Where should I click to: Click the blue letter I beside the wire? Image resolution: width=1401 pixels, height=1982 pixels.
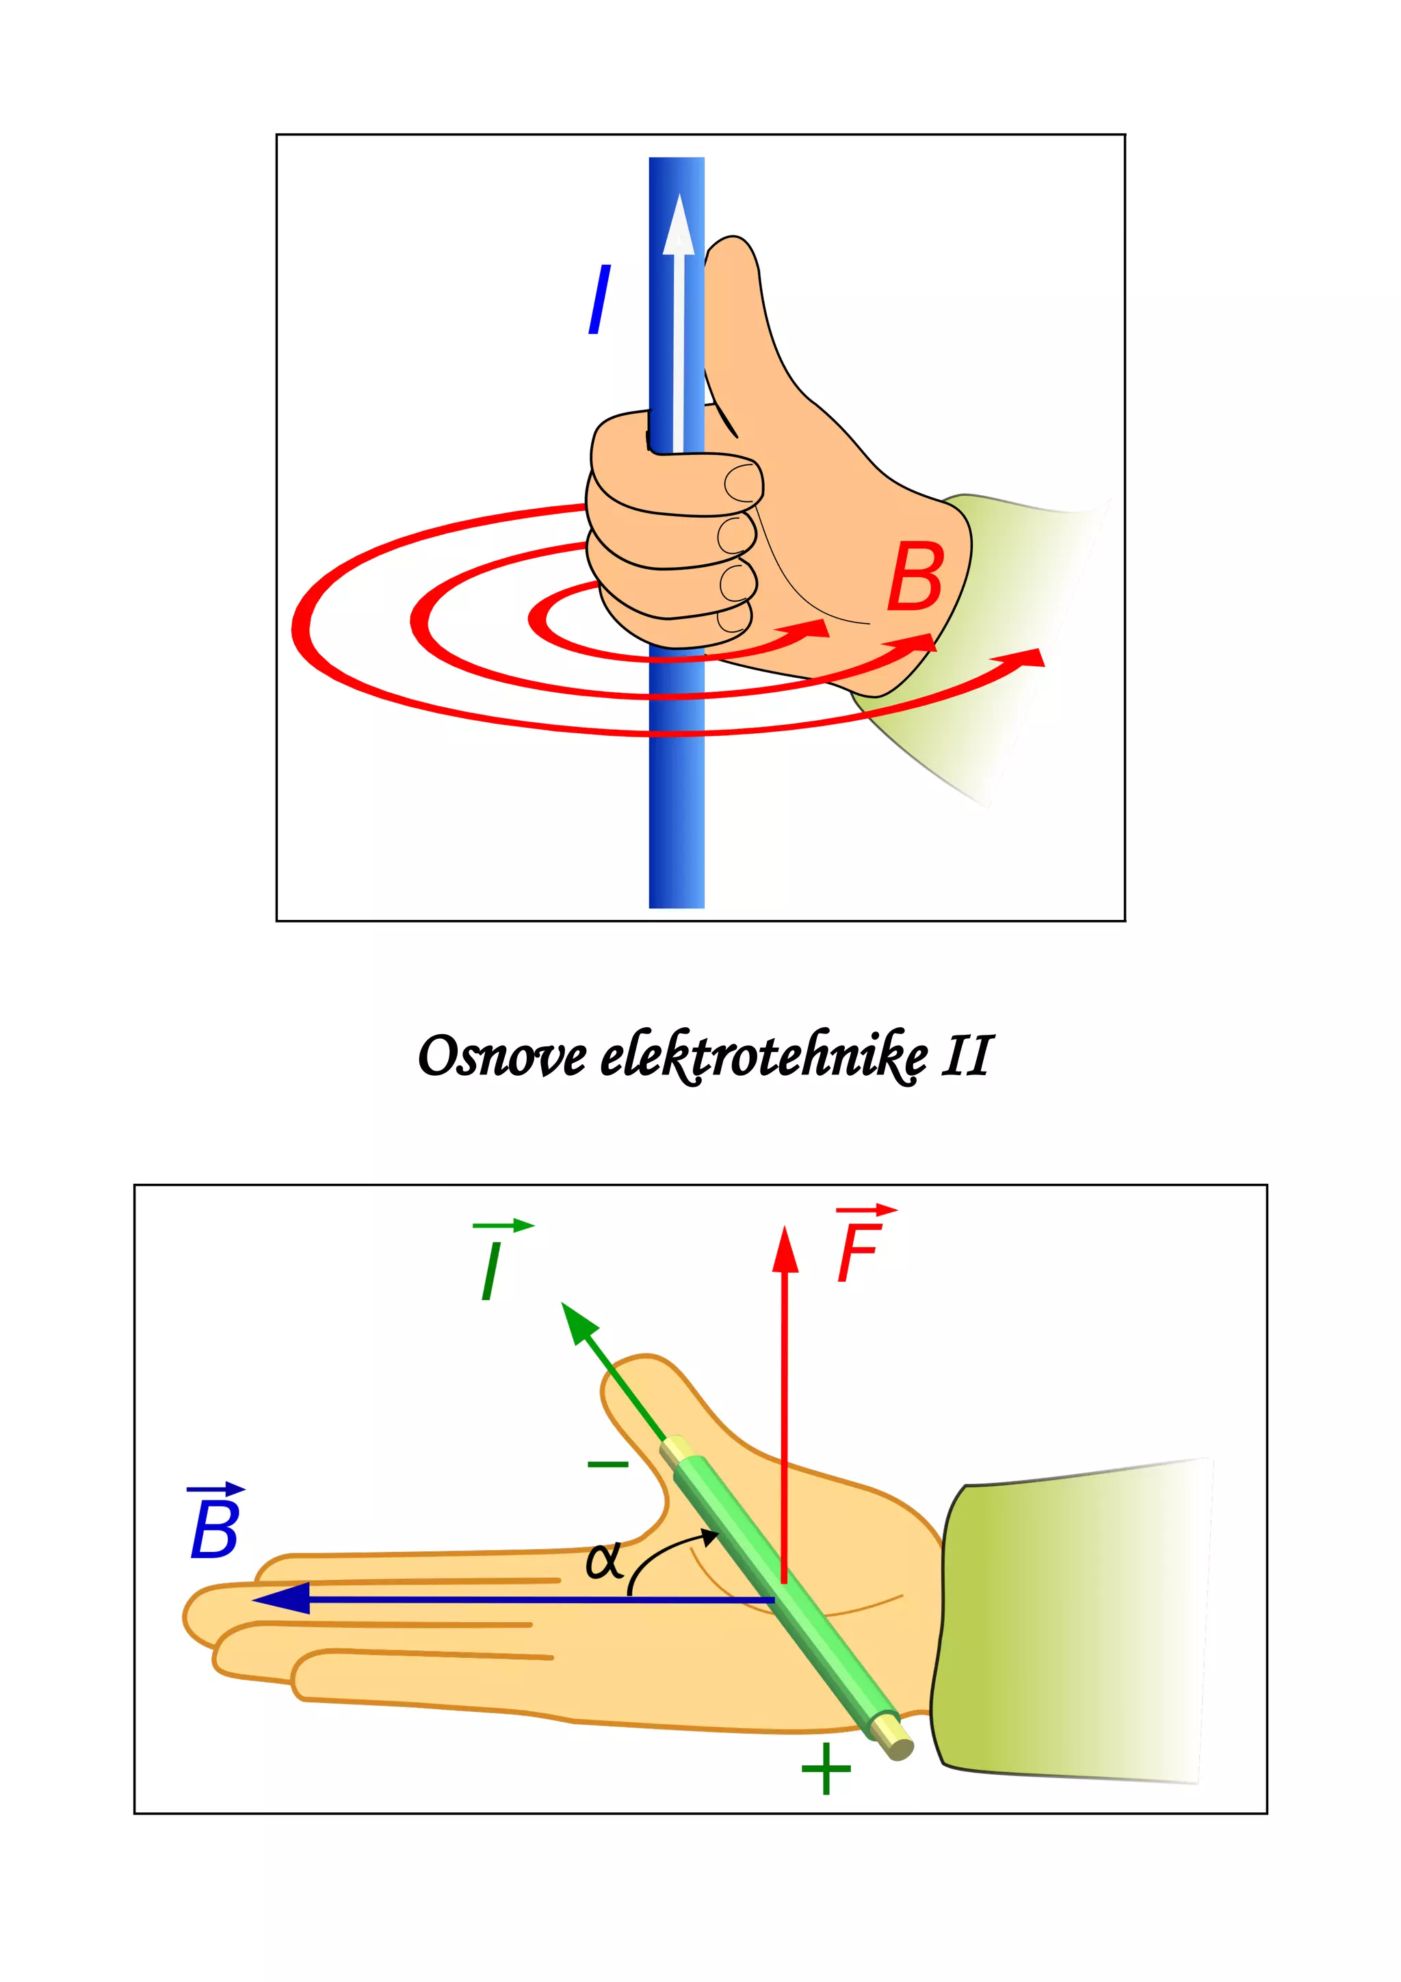tap(599, 299)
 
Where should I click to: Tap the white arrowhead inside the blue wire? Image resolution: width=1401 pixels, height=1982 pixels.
tap(679, 226)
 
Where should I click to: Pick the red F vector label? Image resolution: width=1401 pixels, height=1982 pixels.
tap(860, 1247)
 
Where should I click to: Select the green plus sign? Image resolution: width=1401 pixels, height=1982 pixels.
tap(826, 1768)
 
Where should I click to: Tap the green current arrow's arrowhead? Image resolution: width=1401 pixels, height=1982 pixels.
tap(578, 1324)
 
